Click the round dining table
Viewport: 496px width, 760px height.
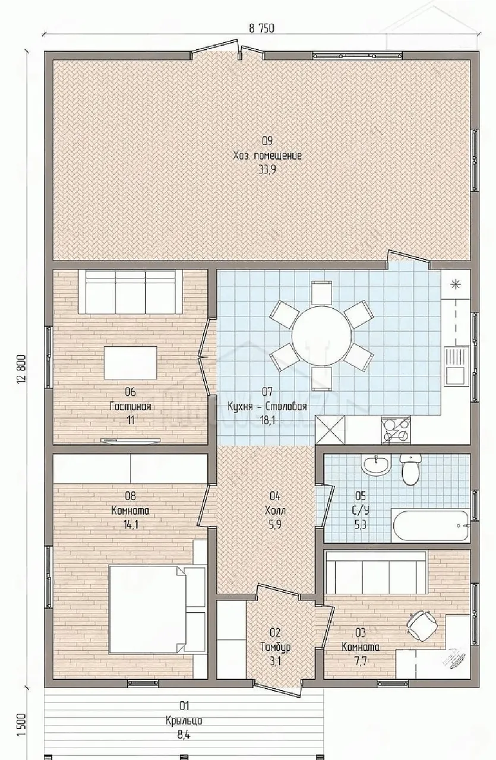(x=321, y=337)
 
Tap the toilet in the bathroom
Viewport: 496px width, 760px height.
(x=410, y=470)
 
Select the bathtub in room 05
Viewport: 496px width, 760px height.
(x=431, y=526)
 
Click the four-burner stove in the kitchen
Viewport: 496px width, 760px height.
(x=396, y=430)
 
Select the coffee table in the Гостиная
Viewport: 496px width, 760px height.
(x=130, y=363)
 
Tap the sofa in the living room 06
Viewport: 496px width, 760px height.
(x=130, y=292)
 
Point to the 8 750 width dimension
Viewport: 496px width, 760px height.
(x=261, y=28)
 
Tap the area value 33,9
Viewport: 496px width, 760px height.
(x=267, y=170)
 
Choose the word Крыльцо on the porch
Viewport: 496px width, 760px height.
(x=184, y=720)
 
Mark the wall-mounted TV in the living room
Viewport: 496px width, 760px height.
(x=130, y=441)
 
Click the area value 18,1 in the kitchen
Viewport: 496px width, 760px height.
(x=267, y=421)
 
